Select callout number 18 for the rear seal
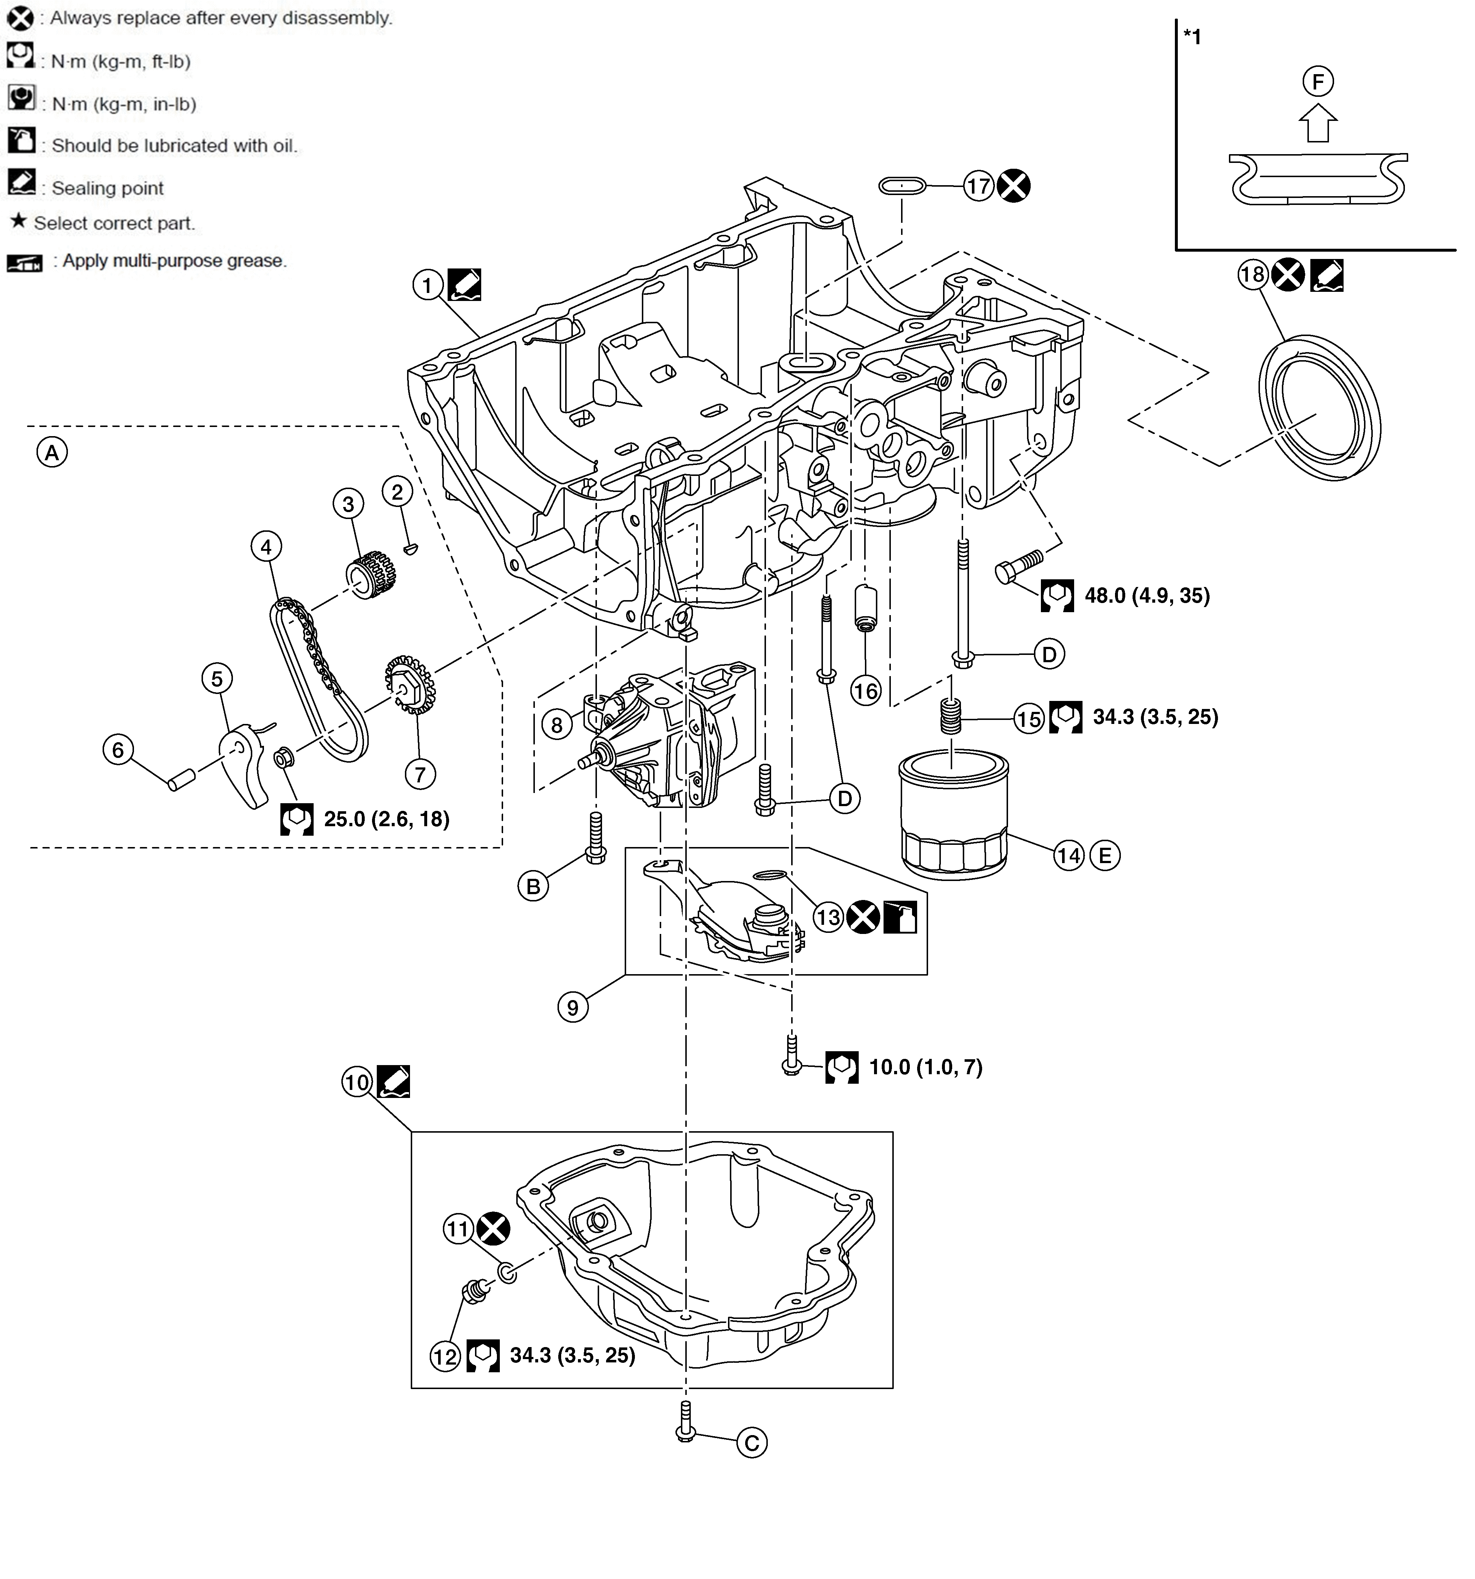click(1253, 275)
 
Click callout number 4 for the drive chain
click(266, 546)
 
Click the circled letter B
click(533, 886)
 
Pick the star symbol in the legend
click(18, 222)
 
